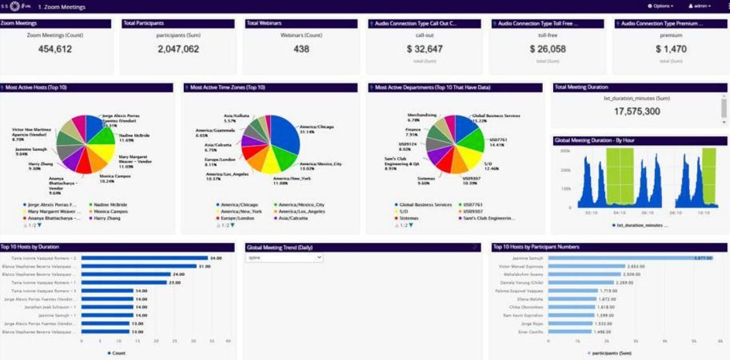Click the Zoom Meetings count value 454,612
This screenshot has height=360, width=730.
point(55,49)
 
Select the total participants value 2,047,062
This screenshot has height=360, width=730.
point(178,49)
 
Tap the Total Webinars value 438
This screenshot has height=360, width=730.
point(301,49)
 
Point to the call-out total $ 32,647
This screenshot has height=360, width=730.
point(424,49)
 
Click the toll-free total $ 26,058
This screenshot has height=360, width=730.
point(547,49)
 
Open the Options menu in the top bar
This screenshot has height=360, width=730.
point(661,6)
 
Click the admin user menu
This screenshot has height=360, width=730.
point(700,6)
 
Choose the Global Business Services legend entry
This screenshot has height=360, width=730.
point(426,205)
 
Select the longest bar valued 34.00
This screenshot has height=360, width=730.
point(144,258)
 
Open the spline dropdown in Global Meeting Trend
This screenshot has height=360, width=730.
point(284,258)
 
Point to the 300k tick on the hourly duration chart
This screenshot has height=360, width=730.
point(565,151)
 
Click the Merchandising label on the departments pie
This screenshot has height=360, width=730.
point(422,115)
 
